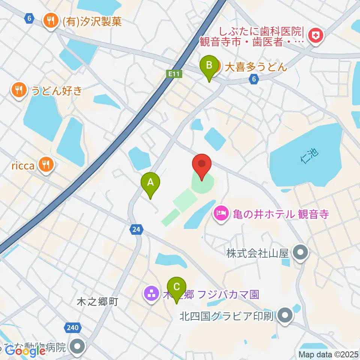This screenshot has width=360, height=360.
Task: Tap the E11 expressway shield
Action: tap(174, 74)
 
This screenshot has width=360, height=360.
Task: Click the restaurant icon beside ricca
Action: tap(46, 164)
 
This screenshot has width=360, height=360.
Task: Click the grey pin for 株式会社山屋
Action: tap(300, 253)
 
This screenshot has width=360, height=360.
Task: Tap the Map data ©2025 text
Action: tap(328, 354)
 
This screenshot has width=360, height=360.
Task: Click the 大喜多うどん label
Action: tap(256, 67)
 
